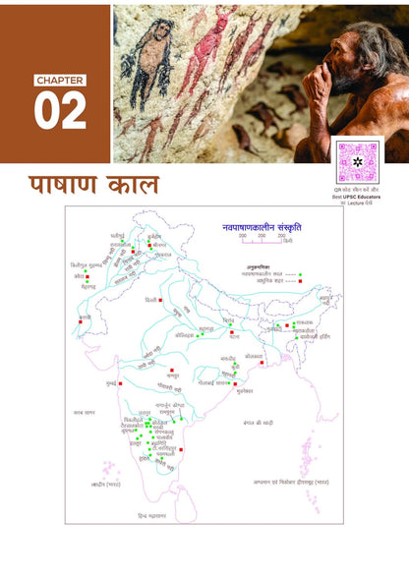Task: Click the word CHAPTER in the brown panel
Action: pyautogui.click(x=60, y=80)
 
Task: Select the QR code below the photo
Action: pyautogui.click(x=358, y=159)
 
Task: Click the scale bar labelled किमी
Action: pyautogui.click(x=255, y=237)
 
